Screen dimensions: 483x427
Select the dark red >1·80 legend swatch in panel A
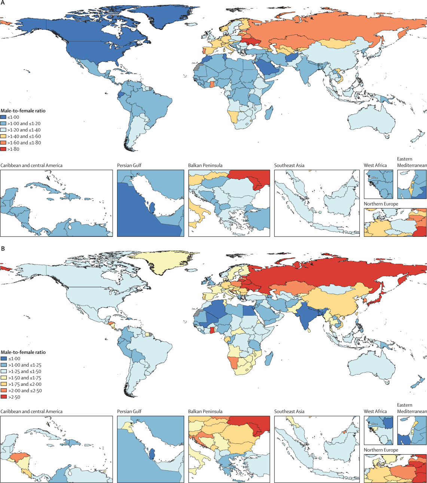pyautogui.click(x=3, y=149)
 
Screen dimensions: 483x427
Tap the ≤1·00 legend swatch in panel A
pyautogui.click(x=3, y=117)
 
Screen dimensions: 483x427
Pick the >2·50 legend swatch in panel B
pyautogui.click(x=3, y=397)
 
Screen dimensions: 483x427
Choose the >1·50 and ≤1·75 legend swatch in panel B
pyautogui.click(x=3, y=378)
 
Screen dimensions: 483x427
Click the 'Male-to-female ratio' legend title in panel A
pyautogui.click(x=23, y=110)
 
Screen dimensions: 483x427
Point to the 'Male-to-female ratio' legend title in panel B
pyautogui.click(x=23, y=352)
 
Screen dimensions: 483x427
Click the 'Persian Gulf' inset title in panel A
pyautogui.click(x=129, y=165)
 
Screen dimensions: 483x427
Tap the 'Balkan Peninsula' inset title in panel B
pyautogui.click(x=205, y=412)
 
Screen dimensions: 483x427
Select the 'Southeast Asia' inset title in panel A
pyautogui.click(x=289, y=165)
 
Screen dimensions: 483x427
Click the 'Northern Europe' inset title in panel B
pyautogui.click(x=381, y=450)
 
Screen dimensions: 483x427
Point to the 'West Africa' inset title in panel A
pyautogui.click(x=375, y=165)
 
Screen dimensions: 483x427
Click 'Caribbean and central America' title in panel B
pyautogui.click(x=32, y=412)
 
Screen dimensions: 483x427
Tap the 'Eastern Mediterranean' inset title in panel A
pyautogui.click(x=412, y=162)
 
